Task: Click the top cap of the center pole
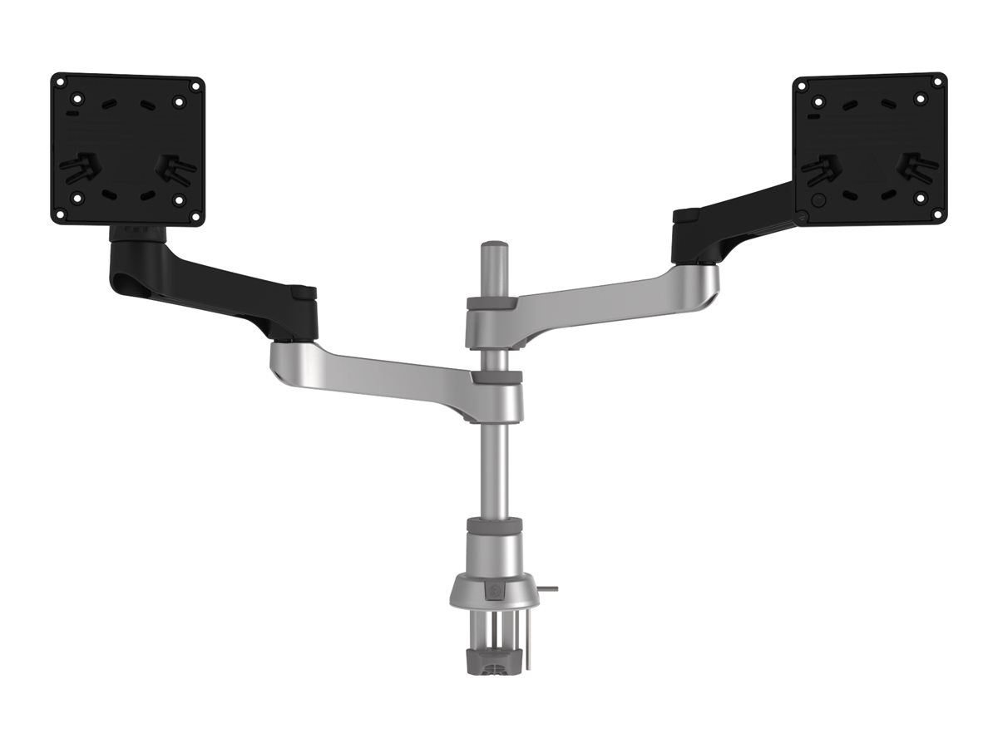[x=494, y=248]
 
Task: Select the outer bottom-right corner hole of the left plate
[x=196, y=215]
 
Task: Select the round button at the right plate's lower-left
[x=818, y=199]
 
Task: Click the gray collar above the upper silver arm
[x=493, y=303]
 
